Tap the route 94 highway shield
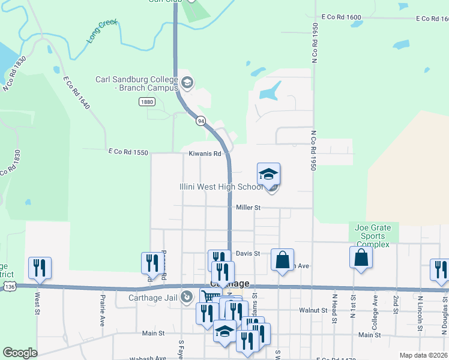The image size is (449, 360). pos(200,121)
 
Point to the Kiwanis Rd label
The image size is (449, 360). pos(205,154)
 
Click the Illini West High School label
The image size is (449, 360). pos(221,187)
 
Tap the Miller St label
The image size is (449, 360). pos(248,208)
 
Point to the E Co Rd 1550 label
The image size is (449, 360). pos(127,152)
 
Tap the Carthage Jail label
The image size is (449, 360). pos(154,297)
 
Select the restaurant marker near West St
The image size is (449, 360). pos(40,268)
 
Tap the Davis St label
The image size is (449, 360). pos(247,253)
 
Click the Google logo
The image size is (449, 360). pos(20,353)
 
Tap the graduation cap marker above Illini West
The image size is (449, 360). pos(268,174)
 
